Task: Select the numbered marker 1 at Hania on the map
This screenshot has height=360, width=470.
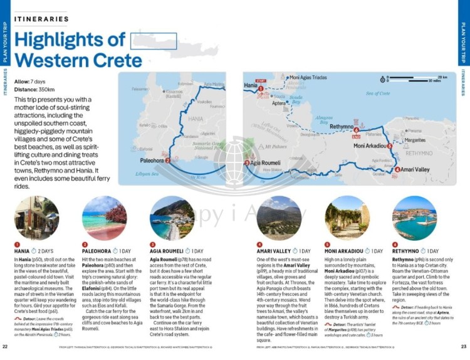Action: (x=260, y=89)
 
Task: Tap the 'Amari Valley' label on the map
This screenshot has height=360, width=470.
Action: (x=415, y=169)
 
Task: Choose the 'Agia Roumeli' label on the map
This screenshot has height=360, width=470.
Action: (x=266, y=163)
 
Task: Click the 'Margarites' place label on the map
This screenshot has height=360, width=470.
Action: (x=415, y=140)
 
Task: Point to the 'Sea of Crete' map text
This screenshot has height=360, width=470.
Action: (x=377, y=93)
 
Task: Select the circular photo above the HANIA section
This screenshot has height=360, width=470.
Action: (x=36, y=218)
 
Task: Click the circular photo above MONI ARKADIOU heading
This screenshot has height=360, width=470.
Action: (x=347, y=218)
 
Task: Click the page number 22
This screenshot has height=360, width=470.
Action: (x=5, y=346)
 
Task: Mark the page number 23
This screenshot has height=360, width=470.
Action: (x=464, y=346)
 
